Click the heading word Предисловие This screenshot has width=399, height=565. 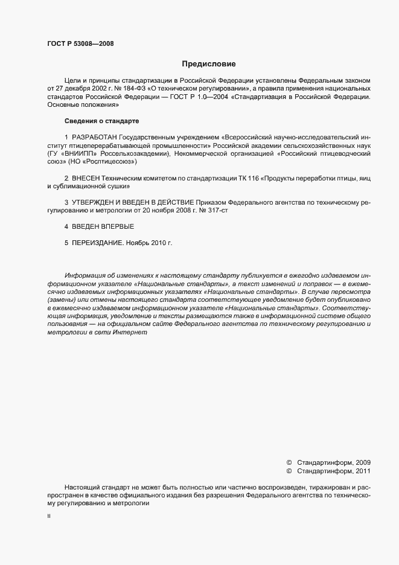click(208, 63)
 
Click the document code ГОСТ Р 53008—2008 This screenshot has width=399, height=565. click(80, 43)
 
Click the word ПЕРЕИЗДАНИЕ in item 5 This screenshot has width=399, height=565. click(100, 243)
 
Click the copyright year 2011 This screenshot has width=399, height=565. click(363, 471)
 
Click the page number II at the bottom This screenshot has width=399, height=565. click(49, 517)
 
